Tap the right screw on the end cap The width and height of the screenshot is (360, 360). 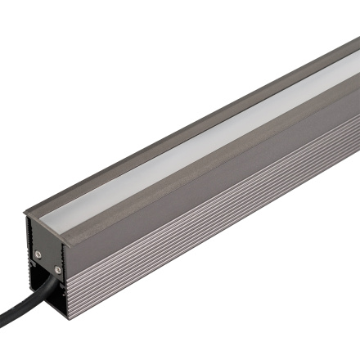pyautogui.click(x=57, y=268)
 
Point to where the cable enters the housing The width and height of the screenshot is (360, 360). pyautogui.click(x=51, y=282)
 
